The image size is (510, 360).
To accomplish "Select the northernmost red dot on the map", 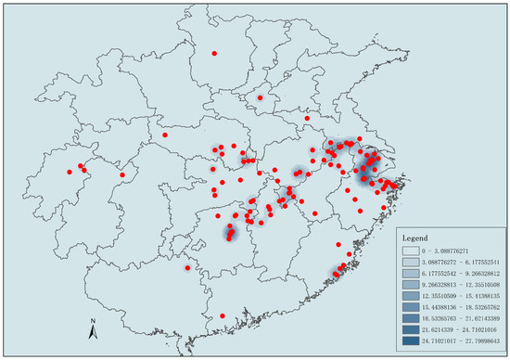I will coord(215,54).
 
